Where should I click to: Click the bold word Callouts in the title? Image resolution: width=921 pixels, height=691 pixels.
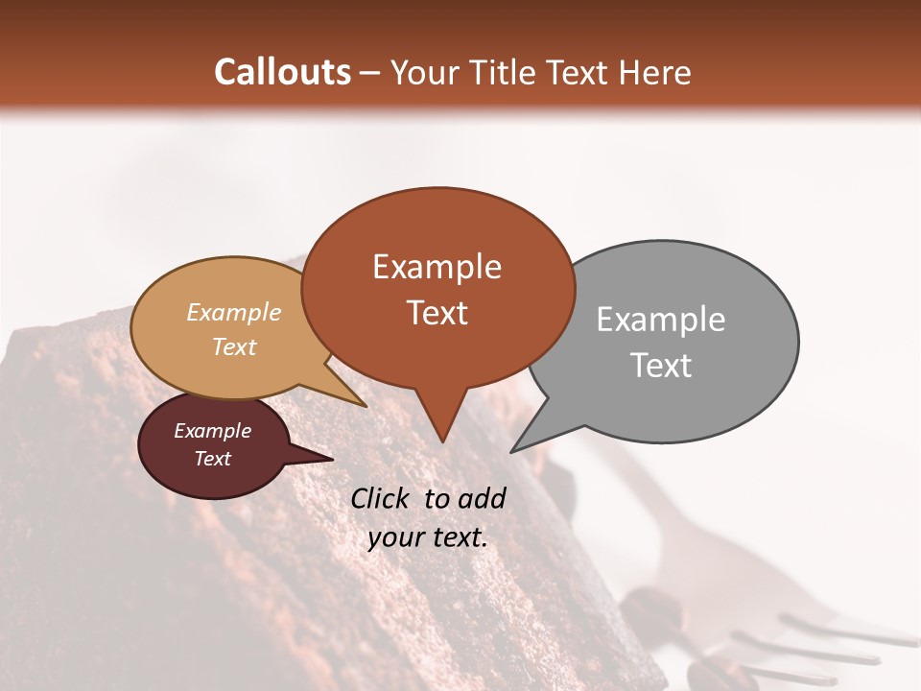(x=282, y=72)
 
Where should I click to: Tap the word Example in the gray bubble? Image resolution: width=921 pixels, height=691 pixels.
(x=660, y=320)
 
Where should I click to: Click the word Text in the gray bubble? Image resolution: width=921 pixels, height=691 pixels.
(x=660, y=366)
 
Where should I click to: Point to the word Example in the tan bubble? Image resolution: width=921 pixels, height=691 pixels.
(x=233, y=313)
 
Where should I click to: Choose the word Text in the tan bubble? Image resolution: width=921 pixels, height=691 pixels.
(x=233, y=346)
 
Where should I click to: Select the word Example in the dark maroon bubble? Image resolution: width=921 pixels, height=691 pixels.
(x=212, y=431)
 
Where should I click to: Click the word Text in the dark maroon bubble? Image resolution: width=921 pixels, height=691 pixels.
(x=212, y=459)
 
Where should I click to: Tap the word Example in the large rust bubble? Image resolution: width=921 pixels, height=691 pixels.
(x=437, y=267)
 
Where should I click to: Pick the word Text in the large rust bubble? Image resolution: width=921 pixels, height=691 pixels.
(x=437, y=313)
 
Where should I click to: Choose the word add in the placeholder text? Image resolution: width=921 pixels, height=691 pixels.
(x=482, y=498)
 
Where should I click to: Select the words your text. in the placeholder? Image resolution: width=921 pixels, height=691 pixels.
(x=427, y=537)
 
